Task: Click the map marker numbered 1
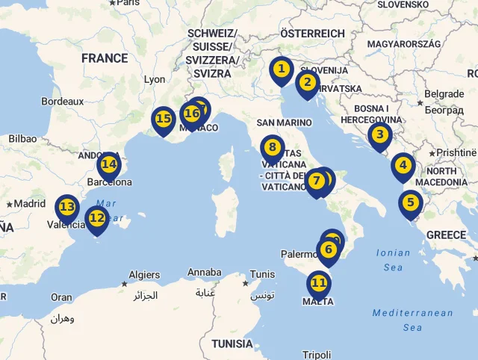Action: pos(281,70)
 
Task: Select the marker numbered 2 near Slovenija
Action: pos(307,83)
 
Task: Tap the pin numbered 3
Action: pos(379,135)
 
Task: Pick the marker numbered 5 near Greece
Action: pos(409,202)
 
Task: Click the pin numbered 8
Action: pos(272,148)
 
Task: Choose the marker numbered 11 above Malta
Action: pos(319,284)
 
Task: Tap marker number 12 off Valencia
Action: pos(96,219)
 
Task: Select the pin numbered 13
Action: pos(66,208)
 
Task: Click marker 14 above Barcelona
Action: pos(109,164)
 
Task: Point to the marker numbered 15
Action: pos(164,119)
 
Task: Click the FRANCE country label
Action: pos(105,58)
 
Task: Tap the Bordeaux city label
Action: pos(62,101)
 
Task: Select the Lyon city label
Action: pos(155,79)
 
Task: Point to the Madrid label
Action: pos(30,203)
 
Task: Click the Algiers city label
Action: pos(144,275)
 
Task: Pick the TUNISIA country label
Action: pos(232,344)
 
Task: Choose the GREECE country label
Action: pos(446,235)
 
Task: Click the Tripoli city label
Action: pos(317,355)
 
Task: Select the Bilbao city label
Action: pos(22,138)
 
